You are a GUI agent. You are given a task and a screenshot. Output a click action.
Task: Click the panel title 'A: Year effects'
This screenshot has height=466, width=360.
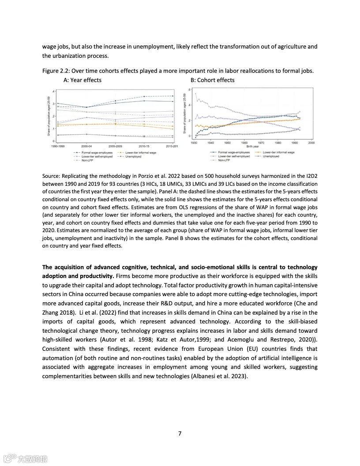(82, 80)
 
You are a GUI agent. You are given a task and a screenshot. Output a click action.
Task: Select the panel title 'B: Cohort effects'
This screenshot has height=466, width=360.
(212, 80)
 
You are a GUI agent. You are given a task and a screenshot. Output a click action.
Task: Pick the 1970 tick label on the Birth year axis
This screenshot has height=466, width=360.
(261, 143)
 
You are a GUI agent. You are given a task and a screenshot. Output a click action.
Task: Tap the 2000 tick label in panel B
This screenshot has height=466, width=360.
(311, 143)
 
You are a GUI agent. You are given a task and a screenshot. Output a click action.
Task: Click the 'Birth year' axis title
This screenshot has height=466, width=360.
(252, 147)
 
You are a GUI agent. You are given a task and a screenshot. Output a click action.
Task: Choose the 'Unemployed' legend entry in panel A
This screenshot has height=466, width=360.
(132, 156)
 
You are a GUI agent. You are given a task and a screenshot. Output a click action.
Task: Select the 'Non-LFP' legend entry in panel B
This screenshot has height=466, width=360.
(224, 160)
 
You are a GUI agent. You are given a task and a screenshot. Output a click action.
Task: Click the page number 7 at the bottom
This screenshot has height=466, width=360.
(180, 433)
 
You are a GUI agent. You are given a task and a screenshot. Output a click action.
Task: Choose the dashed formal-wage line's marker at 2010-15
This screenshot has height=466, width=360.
(144, 97)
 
